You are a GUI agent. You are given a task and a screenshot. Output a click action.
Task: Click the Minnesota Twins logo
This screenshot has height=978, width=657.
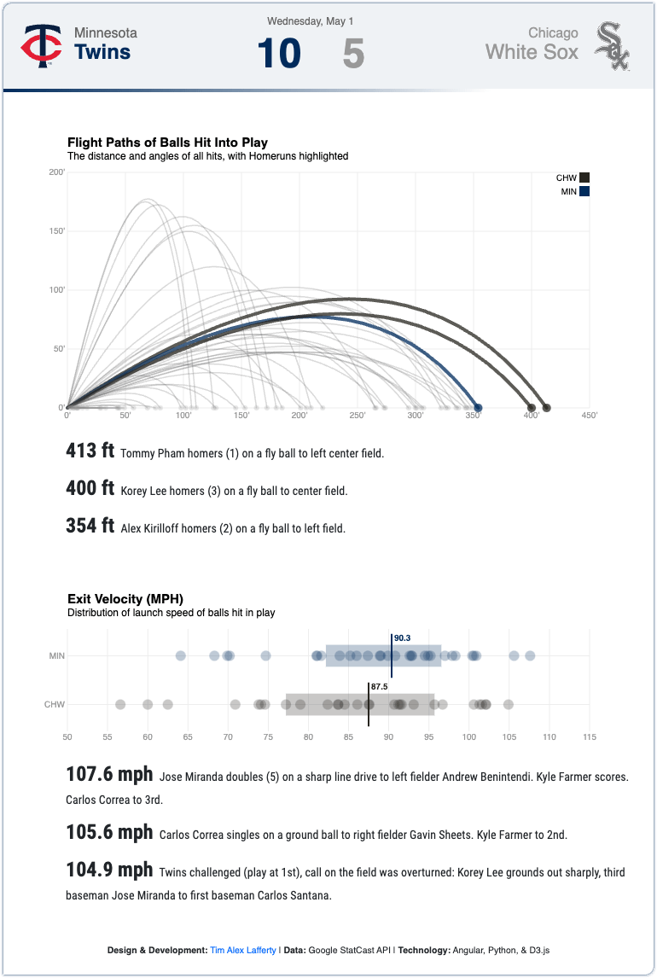pos(41,45)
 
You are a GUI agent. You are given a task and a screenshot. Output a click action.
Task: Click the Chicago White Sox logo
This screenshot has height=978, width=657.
pos(612,45)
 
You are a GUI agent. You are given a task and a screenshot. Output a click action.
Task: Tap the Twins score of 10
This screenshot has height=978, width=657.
pos(279,53)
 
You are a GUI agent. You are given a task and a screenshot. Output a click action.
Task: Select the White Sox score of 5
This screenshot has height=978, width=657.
pos(353,53)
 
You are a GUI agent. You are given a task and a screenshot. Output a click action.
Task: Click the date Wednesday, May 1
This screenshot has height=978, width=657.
pos(311,21)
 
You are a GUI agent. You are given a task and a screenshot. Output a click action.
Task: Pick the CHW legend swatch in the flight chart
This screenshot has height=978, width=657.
pos(584,178)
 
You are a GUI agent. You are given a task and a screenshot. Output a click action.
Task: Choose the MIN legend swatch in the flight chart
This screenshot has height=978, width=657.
pos(584,191)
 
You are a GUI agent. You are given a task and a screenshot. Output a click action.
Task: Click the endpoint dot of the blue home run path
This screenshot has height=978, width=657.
pos(478,408)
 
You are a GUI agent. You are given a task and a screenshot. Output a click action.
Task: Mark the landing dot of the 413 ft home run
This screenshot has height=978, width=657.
pos(546,408)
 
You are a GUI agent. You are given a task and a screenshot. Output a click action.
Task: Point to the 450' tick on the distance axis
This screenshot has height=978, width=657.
pos(589,416)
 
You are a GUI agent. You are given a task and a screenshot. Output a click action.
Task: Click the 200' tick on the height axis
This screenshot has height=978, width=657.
pos(56,172)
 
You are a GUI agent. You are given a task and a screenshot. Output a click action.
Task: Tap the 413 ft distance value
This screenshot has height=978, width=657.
pos(90,451)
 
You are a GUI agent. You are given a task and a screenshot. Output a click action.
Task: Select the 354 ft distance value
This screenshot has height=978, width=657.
pos(90,525)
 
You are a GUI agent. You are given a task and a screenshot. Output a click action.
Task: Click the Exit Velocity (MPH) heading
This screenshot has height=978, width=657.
pos(125,599)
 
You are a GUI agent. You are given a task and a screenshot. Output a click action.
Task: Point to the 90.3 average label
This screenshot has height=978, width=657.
pos(402,638)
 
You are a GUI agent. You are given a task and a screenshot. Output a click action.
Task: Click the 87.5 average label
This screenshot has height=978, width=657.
pos(379,687)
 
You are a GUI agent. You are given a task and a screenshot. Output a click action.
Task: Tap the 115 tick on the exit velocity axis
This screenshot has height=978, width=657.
pos(589,737)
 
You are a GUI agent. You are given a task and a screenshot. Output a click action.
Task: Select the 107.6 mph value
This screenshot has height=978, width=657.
pos(110,774)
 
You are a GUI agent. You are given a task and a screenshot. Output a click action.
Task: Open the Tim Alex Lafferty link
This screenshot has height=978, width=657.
pos(243,951)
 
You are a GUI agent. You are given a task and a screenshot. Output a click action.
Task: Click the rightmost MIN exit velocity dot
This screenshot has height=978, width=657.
pos(530,655)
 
